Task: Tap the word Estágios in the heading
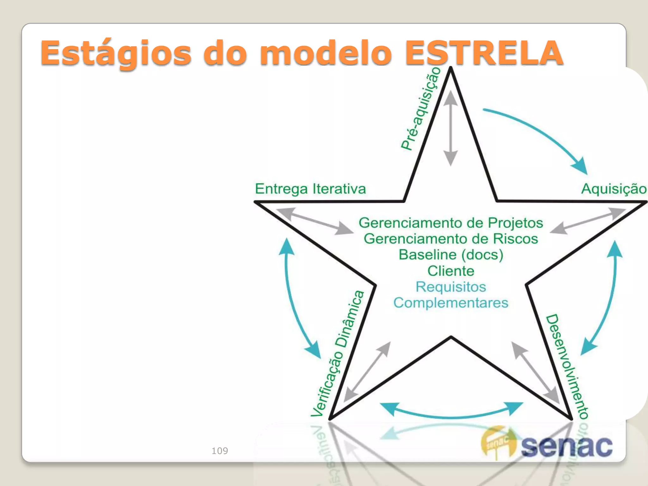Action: click(x=116, y=53)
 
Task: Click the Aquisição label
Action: click(x=614, y=189)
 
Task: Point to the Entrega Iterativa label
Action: click(x=310, y=189)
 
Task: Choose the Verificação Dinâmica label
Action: click(x=338, y=353)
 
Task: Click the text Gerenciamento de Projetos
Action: click(x=451, y=223)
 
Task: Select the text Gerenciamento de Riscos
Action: click(x=451, y=239)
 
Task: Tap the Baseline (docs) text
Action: click(x=451, y=255)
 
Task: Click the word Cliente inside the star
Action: click(x=451, y=271)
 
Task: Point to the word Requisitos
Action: click(x=451, y=287)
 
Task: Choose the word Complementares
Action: click(x=451, y=303)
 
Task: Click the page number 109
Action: click(x=220, y=451)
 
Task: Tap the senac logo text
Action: click(x=566, y=446)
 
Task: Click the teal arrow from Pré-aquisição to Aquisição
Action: click(x=538, y=133)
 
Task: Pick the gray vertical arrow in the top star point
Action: click(x=451, y=128)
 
